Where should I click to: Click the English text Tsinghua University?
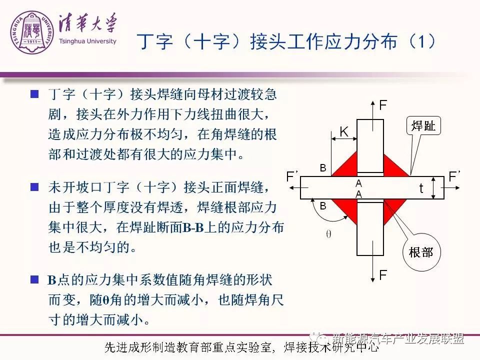87,41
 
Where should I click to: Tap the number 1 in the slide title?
422,41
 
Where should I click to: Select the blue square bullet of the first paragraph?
34,93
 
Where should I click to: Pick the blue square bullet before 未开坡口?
34,186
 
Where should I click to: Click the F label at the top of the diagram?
383,105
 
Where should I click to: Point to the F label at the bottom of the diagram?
383,275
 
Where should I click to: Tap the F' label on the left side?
291,176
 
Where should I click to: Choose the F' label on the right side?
454,176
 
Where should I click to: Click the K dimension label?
344,132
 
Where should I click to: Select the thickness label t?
421,188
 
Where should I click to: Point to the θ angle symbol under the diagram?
328,234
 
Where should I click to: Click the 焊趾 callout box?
423,125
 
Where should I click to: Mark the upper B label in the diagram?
323,168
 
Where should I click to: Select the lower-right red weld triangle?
392,208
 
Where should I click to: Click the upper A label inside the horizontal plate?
359,183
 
